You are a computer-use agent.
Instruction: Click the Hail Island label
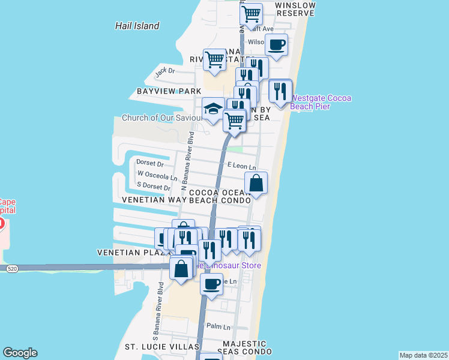pyautogui.click(x=137, y=26)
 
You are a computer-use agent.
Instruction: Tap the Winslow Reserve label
pyautogui.click(x=295, y=8)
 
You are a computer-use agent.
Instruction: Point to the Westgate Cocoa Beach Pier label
pyautogui.click(x=321, y=102)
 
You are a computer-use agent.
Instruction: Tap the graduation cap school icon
pyautogui.click(x=213, y=109)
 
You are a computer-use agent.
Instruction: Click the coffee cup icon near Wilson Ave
pyautogui.click(x=276, y=44)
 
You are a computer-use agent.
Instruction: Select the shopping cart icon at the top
pyautogui.click(x=251, y=12)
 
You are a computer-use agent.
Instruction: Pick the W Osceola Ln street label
pyautogui.click(x=157, y=178)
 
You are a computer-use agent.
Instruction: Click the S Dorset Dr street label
pyautogui.click(x=154, y=187)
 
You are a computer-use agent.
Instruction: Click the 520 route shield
pyautogui.click(x=12, y=270)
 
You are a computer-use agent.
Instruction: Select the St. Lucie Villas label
pyautogui.click(x=161, y=347)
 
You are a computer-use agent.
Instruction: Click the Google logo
pyautogui.click(x=20, y=353)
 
